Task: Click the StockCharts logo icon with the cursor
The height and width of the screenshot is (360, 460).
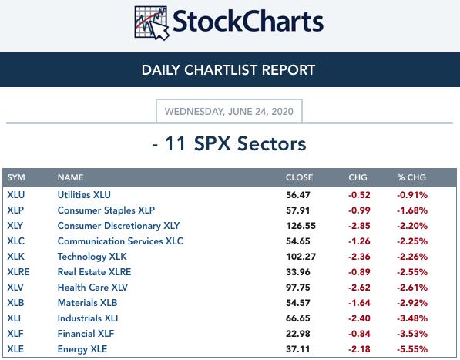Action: coord(152,23)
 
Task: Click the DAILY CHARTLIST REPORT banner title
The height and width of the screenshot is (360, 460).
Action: coord(228,70)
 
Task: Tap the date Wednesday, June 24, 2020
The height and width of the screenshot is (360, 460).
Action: coord(229,112)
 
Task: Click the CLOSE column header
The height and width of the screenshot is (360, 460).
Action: coord(299,177)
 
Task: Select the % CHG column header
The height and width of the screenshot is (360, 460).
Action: coord(411,177)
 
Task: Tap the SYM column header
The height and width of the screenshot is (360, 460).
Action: coord(16,177)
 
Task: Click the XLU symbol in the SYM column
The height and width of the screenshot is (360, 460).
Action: coord(16,195)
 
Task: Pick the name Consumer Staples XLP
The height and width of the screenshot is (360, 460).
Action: coord(106,210)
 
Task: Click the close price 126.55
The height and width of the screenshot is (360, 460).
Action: coord(301,226)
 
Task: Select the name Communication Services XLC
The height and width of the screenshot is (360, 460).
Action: coord(120,241)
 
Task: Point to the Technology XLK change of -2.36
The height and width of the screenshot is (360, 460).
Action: coord(359,257)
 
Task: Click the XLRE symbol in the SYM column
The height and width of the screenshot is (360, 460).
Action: coord(18,272)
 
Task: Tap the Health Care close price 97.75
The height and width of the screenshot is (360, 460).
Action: coord(297,288)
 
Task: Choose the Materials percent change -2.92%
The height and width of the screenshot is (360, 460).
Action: coord(412,303)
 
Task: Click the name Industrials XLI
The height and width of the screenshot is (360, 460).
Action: coord(88,318)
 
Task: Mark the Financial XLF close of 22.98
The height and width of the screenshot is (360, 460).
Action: coord(297,334)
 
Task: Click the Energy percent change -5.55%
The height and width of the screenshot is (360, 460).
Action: coord(412,349)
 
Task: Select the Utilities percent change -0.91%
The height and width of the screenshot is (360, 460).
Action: coord(412,195)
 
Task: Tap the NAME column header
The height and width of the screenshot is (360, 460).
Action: coord(70,177)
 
